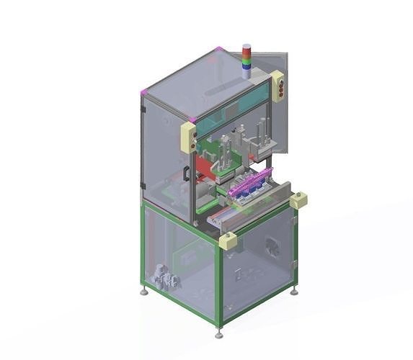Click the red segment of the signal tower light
(x=247, y=51)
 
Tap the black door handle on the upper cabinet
(x=185, y=174)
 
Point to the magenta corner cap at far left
(x=143, y=91)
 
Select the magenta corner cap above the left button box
(x=192, y=120)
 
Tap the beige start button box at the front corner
(x=228, y=240)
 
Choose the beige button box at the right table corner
(x=298, y=200)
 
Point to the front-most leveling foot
(x=219, y=334)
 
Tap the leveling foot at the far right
(x=294, y=291)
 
